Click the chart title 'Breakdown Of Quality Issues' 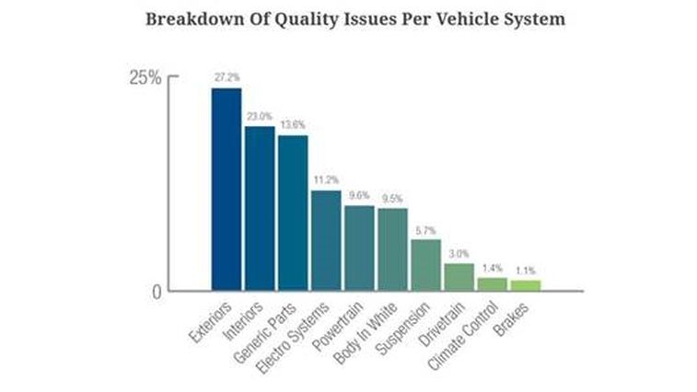point(354,19)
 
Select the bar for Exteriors point(226,189)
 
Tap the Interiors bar point(259,208)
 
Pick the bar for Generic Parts point(293,213)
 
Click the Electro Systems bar point(326,240)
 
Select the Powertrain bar point(359,248)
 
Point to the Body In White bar point(392,248)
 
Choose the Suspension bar point(425,265)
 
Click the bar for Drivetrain point(459,277)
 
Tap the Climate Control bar point(492,284)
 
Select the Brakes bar point(525,285)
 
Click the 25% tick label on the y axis point(145,77)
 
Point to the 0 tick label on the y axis point(156,292)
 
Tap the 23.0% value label point(259,117)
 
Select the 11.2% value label point(326,180)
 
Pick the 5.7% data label point(425,229)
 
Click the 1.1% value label point(525,271)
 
